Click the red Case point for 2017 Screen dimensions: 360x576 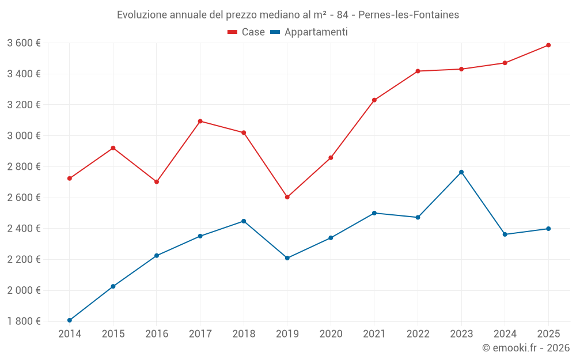(200, 121)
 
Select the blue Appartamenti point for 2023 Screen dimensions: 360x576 (461, 172)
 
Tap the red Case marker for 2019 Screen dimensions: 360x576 (287, 197)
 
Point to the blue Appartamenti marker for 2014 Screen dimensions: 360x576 (70, 320)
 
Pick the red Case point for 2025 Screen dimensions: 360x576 (548, 45)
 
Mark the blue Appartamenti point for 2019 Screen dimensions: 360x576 (287, 258)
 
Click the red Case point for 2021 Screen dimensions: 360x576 (374, 100)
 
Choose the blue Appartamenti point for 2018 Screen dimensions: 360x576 (244, 221)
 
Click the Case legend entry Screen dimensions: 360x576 (247, 32)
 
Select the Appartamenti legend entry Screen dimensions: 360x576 (309, 32)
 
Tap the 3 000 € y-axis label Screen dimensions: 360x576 (24, 136)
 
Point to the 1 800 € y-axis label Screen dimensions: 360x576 (24, 321)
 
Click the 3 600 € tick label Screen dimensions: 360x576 (24, 43)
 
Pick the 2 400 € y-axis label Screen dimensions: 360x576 (24, 229)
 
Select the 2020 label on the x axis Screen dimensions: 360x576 (331, 334)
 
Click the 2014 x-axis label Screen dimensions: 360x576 (70, 334)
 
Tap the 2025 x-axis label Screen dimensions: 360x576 (548, 334)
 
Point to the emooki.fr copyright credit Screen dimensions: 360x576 (525, 348)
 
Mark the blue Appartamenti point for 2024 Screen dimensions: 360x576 (505, 234)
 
